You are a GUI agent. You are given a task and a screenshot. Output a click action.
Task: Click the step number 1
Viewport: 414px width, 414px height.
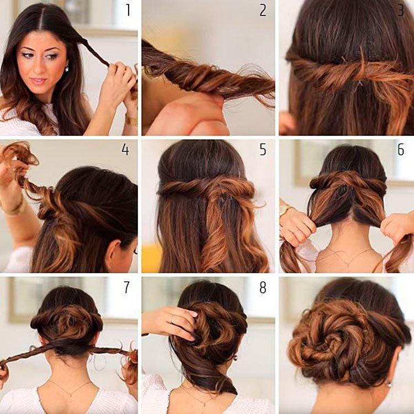pyautogui.click(x=128, y=10)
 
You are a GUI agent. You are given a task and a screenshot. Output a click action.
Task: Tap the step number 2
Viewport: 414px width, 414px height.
pyautogui.click(x=263, y=10)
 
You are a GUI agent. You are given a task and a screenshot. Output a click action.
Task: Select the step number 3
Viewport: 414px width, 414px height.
pyautogui.click(x=400, y=10)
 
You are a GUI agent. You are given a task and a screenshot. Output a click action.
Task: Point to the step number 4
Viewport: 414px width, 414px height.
pyautogui.click(x=125, y=149)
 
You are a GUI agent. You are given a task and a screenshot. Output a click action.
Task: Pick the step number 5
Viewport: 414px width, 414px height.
pyautogui.click(x=263, y=149)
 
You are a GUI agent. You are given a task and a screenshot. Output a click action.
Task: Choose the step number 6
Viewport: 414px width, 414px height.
pyautogui.click(x=400, y=149)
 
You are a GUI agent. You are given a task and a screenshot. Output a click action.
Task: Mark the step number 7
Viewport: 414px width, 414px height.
pyautogui.click(x=126, y=287)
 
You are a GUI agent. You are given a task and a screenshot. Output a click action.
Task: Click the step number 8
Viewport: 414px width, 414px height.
pyautogui.click(x=263, y=287)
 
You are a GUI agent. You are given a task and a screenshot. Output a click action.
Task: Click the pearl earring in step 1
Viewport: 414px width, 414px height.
pyautogui.click(x=67, y=69)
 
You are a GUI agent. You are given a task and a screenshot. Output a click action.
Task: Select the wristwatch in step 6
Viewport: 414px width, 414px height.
pyautogui.click(x=285, y=209)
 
